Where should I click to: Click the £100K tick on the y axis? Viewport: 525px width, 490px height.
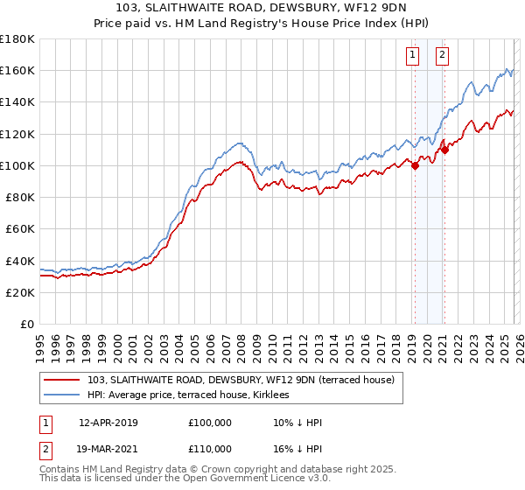(x=17, y=165)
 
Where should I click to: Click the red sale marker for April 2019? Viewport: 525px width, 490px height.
(x=415, y=167)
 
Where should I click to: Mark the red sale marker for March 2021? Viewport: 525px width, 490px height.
(x=444, y=150)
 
